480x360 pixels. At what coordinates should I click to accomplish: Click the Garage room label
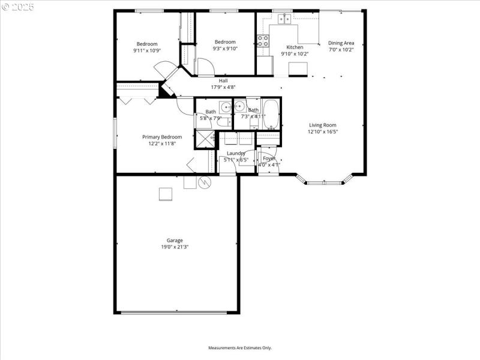point(175,241)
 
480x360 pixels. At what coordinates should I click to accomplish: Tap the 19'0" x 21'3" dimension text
point(175,247)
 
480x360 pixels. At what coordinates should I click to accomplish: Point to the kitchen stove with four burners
point(263,41)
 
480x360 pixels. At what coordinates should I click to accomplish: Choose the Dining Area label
point(341,43)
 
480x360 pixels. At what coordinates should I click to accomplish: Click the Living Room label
point(322,125)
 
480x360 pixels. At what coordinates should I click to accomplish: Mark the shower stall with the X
point(205,139)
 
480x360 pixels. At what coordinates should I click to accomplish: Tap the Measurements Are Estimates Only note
point(240,348)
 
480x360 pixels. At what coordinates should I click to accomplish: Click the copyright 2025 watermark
point(18,7)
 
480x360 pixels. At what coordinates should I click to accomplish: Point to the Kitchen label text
point(295,47)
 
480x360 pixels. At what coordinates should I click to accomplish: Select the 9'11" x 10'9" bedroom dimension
point(147,50)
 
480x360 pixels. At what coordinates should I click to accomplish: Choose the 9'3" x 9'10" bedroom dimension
point(225,49)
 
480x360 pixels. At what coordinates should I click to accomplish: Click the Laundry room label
point(235,154)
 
